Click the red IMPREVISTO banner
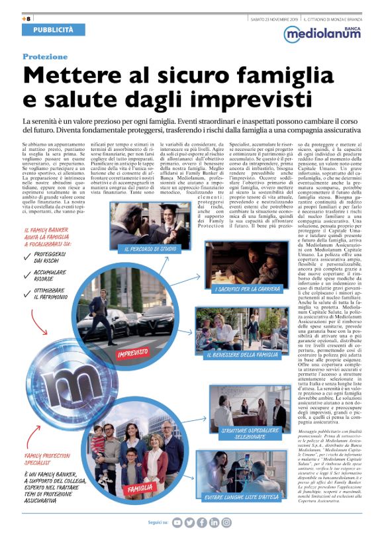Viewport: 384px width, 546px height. click(132, 353)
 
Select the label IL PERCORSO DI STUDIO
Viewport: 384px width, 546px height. click(151, 249)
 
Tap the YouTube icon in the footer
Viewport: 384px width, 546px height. click(177, 523)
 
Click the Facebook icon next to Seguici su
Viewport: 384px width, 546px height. click(202, 523)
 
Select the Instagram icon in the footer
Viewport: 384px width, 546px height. click(226, 523)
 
